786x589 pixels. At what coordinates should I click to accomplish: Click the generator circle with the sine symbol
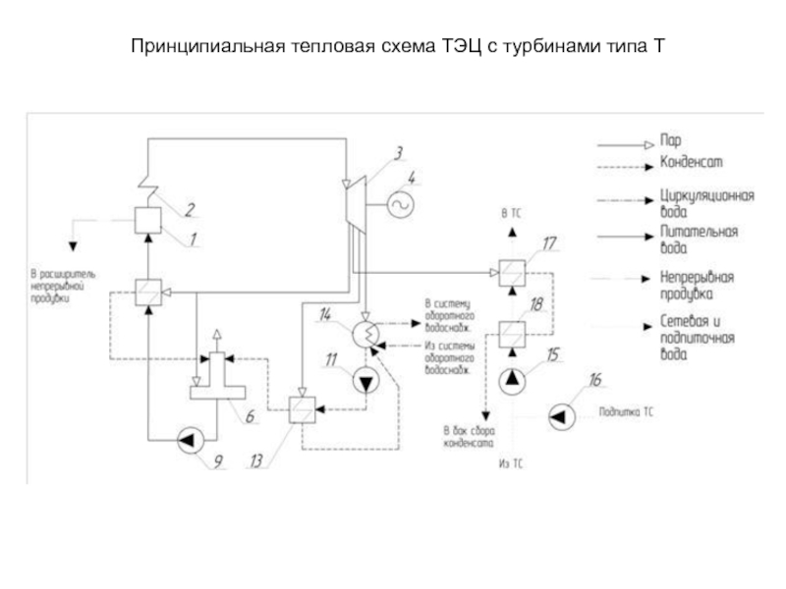[x=400, y=203]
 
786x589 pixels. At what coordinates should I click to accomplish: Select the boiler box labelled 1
[x=149, y=219]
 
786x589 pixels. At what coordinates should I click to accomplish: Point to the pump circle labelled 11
[x=365, y=379]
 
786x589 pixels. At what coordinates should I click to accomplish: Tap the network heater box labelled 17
[x=511, y=269]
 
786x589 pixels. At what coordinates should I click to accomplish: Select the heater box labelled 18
[x=511, y=336]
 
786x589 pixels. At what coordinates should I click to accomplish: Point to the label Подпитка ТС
[x=626, y=414]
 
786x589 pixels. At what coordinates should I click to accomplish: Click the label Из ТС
[x=511, y=463]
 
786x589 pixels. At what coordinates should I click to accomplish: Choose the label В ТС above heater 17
[x=511, y=213]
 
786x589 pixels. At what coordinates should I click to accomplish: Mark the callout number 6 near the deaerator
[x=250, y=416]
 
